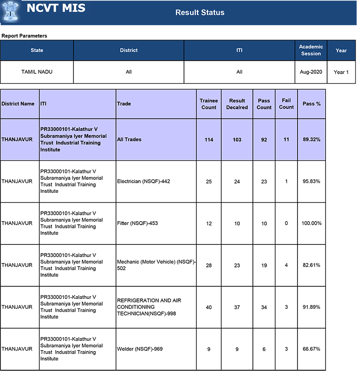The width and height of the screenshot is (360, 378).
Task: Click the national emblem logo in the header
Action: [10, 11]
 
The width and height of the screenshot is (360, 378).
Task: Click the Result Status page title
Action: [200, 13]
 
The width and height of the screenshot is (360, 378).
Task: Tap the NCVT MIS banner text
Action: [56, 8]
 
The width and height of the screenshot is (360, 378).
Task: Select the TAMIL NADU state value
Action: [37, 72]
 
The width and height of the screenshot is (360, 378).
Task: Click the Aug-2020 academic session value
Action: [311, 72]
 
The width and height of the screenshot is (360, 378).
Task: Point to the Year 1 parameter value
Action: [341, 72]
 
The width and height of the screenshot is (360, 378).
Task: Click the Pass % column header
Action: [311, 104]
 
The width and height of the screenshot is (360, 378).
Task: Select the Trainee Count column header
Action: [209, 104]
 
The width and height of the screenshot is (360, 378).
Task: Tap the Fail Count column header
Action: [286, 104]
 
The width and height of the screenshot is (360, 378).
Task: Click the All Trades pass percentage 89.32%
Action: [311, 140]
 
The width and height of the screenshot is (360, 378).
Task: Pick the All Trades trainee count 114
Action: [209, 140]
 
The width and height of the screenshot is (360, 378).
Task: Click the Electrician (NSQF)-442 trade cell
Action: [144, 182]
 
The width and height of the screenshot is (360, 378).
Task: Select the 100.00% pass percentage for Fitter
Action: [311, 223]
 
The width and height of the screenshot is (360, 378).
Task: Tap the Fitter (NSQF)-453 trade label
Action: [137, 223]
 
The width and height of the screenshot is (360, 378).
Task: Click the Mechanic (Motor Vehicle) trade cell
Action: [156, 265]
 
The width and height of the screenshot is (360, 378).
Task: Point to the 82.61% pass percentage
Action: [311, 265]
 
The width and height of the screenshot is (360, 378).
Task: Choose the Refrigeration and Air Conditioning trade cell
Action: [149, 307]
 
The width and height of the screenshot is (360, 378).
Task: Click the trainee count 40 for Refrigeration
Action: [209, 307]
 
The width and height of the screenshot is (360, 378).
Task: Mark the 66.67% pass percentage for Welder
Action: [311, 349]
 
